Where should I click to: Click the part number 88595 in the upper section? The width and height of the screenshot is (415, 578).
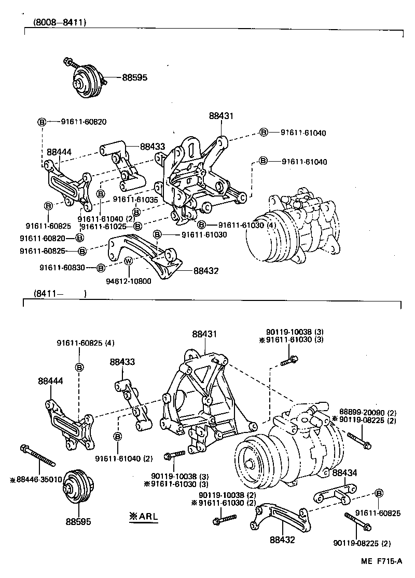point(135,77)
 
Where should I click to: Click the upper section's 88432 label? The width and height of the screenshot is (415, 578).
point(206,271)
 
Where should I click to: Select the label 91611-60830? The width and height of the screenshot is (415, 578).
point(60,268)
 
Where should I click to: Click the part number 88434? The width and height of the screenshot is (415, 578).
point(345,472)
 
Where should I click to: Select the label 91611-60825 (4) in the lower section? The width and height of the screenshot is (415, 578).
point(86,343)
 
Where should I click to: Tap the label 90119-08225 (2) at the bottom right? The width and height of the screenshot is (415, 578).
point(364,544)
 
